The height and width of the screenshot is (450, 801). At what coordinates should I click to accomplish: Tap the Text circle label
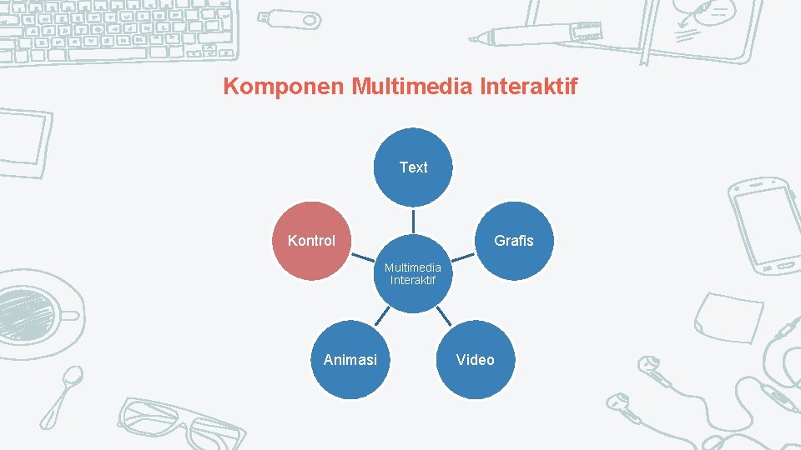[x=413, y=167]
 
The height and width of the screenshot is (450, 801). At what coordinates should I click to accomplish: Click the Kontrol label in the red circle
[x=311, y=241]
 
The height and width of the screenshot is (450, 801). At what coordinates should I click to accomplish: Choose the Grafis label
[x=513, y=241]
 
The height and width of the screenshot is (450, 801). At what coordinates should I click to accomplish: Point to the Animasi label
[x=350, y=360]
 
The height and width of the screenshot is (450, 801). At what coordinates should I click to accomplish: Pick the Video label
[x=475, y=360]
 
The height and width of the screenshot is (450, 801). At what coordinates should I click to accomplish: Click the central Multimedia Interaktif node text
[x=413, y=273]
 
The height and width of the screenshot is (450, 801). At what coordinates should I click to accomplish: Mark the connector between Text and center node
[x=413, y=221]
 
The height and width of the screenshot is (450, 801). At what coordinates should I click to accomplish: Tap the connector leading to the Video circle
[x=444, y=315]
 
